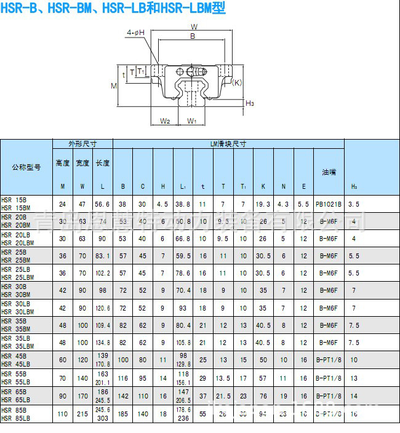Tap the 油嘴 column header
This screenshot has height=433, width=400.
point(325,172)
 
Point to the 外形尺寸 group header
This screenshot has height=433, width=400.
point(82,143)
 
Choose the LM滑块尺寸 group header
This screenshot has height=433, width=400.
point(228,143)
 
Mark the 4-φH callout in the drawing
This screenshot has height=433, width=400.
point(135,32)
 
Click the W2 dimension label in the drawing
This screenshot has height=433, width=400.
point(165,121)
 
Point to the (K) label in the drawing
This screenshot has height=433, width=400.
point(238,82)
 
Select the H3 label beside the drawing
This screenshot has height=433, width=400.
point(250,103)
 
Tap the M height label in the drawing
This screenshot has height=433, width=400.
point(114,86)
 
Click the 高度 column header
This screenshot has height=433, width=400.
point(62,163)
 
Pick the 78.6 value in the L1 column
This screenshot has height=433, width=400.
point(183,273)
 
